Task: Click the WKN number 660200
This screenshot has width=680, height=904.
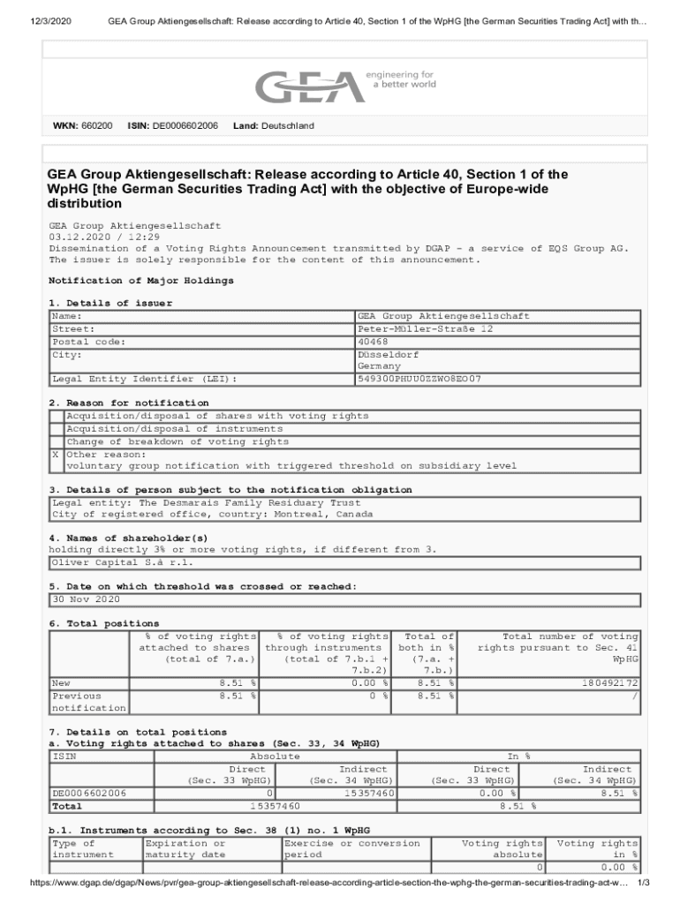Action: tap(96, 126)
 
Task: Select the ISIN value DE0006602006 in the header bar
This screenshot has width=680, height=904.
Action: tap(185, 126)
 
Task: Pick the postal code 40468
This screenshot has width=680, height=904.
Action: tap(372, 342)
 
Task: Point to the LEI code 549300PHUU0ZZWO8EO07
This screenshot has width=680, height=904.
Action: tap(419, 379)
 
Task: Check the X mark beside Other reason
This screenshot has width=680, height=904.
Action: tap(56, 455)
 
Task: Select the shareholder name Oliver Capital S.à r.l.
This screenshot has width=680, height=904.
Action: tap(121, 561)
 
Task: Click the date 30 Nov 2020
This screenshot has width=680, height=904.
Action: tap(86, 599)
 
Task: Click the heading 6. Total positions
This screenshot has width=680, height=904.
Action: tap(92, 623)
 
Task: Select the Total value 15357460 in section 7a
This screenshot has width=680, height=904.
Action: tap(275, 806)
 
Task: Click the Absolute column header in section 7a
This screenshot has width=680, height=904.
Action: tap(275, 757)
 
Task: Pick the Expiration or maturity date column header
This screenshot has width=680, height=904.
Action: tap(185, 848)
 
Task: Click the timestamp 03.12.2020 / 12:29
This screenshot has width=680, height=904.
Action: tap(104, 237)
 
